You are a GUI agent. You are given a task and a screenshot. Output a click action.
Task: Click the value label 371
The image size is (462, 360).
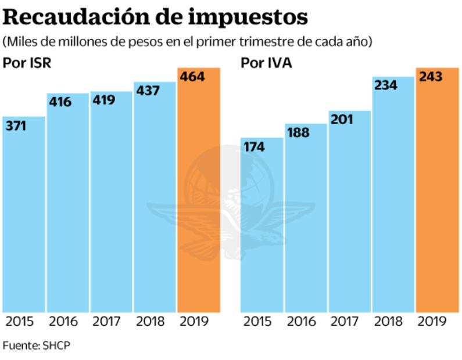[17, 125]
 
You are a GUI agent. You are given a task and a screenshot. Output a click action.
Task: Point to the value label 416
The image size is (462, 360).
[60, 102]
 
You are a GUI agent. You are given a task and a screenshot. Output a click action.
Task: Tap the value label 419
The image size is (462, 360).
[103, 100]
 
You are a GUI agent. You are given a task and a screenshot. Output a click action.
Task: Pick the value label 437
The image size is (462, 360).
[147, 91]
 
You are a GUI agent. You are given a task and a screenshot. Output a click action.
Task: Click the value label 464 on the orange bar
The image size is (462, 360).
[192, 77]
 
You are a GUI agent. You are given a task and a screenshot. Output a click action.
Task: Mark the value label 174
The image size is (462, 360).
[255, 147]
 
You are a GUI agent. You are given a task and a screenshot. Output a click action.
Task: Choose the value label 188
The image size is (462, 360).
[298, 132]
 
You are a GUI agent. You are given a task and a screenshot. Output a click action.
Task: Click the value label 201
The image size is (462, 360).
[342, 120]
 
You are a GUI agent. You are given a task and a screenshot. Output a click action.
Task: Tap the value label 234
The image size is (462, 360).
[385, 85]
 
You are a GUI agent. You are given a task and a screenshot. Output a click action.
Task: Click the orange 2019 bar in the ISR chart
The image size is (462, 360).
[199, 197]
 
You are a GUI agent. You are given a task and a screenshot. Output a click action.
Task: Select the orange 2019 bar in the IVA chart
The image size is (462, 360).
[437, 197]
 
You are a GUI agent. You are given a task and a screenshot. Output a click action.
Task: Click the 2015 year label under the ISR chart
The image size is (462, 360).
[19, 322]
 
